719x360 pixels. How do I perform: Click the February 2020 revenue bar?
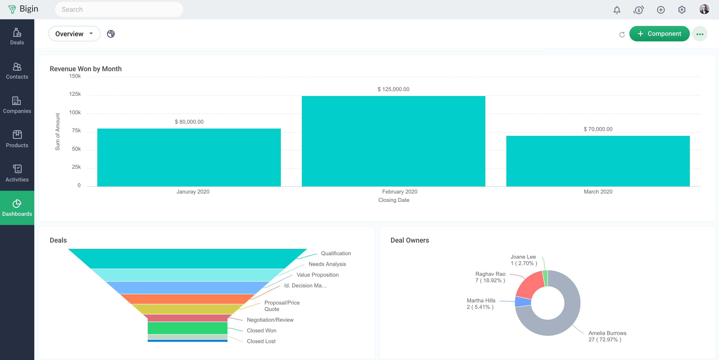(393, 141)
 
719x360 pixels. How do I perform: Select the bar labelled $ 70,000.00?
(598, 161)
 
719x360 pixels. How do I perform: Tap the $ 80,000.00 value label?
(189, 122)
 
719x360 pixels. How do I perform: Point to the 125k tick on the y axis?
(75, 94)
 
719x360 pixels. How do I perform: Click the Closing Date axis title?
(394, 200)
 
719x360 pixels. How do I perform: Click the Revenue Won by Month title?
(85, 69)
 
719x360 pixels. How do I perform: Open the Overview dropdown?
(74, 34)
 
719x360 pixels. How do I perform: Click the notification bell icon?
(617, 10)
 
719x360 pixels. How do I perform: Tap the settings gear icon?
(682, 10)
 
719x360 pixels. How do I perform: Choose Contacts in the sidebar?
(17, 71)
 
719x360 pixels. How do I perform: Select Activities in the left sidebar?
(17, 174)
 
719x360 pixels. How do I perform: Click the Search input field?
(119, 9)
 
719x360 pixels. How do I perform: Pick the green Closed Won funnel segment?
(187, 328)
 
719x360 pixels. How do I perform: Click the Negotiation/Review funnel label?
(270, 320)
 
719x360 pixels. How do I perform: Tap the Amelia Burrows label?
(607, 333)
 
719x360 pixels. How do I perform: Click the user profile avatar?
(704, 9)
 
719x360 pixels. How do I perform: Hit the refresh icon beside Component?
(622, 34)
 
